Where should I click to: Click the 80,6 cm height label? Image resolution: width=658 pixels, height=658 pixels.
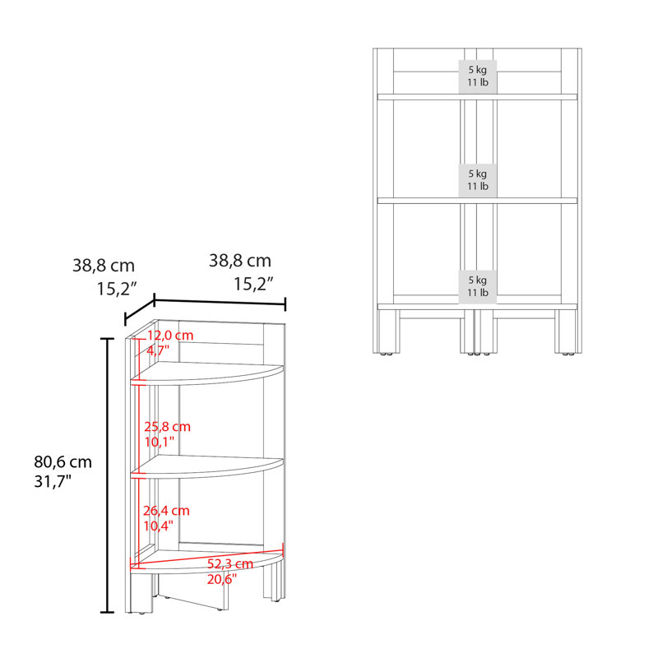tap(63, 462)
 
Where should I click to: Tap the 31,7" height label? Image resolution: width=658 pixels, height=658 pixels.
tap(53, 481)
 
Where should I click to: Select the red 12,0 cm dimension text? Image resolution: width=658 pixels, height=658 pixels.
tap(170, 336)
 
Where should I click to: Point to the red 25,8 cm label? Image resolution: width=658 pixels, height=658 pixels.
tap(168, 427)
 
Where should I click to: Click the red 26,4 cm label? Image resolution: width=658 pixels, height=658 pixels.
tap(167, 511)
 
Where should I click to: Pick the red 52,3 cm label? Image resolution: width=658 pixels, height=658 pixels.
tap(230, 564)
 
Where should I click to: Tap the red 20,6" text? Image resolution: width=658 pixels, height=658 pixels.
tap(222, 579)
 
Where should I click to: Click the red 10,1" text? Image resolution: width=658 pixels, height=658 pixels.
tap(160, 442)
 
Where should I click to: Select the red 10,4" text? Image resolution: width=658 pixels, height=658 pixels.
tap(158, 526)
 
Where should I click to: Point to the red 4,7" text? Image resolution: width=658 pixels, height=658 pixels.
tap(158, 350)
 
